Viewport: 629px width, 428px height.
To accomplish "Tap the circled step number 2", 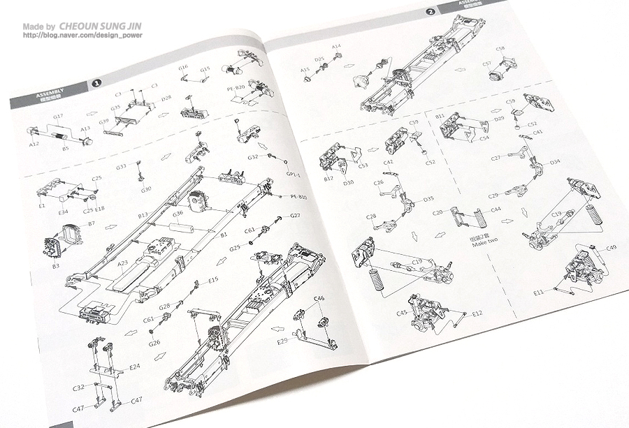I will [431, 12].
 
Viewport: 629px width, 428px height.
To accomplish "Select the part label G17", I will [59, 116].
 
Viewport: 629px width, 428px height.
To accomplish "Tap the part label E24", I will [135, 365].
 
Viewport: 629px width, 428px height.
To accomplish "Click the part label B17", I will [328, 179].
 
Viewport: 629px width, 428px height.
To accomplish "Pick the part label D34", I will [555, 162].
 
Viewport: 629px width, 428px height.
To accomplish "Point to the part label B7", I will [91, 223].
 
